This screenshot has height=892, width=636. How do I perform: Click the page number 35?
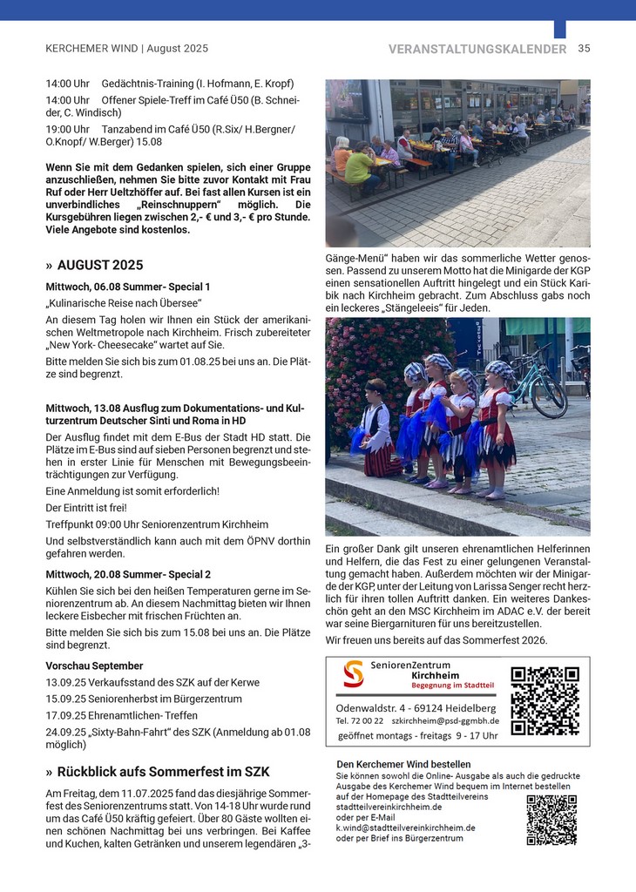[x=584, y=49]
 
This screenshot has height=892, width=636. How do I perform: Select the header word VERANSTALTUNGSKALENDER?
[x=477, y=49]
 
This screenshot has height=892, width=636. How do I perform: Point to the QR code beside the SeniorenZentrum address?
[x=545, y=699]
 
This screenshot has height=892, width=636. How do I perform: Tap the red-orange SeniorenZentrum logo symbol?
[x=353, y=674]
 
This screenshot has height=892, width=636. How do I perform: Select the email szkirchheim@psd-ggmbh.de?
[x=445, y=720]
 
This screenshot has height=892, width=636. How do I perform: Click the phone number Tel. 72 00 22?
[x=360, y=720]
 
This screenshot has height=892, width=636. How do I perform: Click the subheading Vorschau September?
[x=94, y=666]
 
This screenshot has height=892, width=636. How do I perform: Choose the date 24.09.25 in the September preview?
[x=64, y=732]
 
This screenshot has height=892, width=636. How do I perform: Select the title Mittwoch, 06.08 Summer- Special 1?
[x=128, y=287]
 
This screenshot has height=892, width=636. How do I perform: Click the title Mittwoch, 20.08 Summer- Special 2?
[x=128, y=574]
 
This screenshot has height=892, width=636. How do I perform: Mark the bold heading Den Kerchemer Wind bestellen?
[x=391, y=765]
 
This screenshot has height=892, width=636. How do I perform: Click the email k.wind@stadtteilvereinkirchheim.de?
[x=405, y=828]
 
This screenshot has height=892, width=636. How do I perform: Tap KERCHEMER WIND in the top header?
[x=87, y=49]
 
